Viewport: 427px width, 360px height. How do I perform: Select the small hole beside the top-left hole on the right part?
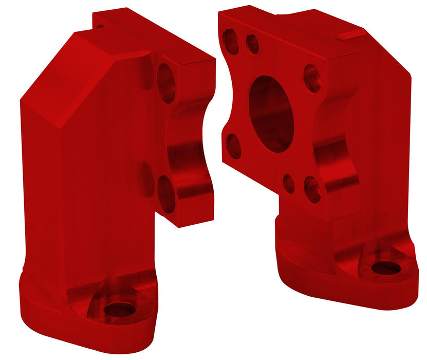[x=252, y=44]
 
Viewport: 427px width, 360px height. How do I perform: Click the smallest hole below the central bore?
[x=289, y=184]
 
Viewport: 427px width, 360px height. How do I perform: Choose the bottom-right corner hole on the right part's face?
[x=312, y=189]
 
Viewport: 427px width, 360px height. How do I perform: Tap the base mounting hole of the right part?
[x=385, y=267]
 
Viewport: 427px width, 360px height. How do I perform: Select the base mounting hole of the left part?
[x=119, y=310]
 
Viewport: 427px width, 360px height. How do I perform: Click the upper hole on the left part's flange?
[x=166, y=82]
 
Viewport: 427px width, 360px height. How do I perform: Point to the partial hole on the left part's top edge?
[x=100, y=25]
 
